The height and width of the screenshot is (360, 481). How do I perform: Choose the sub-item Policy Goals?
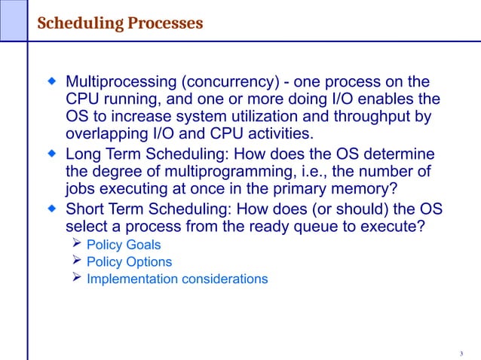click(124, 245)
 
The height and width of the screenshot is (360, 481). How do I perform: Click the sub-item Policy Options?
click(129, 262)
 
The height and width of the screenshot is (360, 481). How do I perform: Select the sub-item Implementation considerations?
click(177, 279)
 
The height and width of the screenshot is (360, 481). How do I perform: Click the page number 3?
click(461, 353)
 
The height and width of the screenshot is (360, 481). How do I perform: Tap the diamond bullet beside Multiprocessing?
click(52, 81)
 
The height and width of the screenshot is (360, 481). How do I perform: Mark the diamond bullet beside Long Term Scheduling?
click(52, 153)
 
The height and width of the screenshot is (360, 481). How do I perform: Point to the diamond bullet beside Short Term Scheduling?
click(52, 207)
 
